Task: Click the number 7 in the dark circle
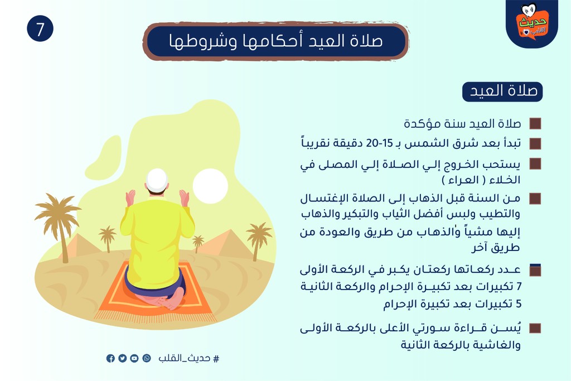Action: point(40,29)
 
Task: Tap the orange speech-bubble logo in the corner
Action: point(533,23)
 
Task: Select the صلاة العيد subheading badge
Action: point(502,91)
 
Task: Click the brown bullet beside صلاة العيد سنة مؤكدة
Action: point(535,124)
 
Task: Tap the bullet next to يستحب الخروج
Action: point(535,164)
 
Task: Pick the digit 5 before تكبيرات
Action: point(519,304)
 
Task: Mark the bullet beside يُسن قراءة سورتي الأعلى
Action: point(535,328)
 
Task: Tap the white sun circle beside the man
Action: point(210,186)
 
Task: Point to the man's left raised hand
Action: point(130,198)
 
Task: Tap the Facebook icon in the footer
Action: point(111,359)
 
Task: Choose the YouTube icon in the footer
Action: point(134,359)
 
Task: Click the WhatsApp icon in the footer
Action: point(147,359)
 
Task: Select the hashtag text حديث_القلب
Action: point(188,359)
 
